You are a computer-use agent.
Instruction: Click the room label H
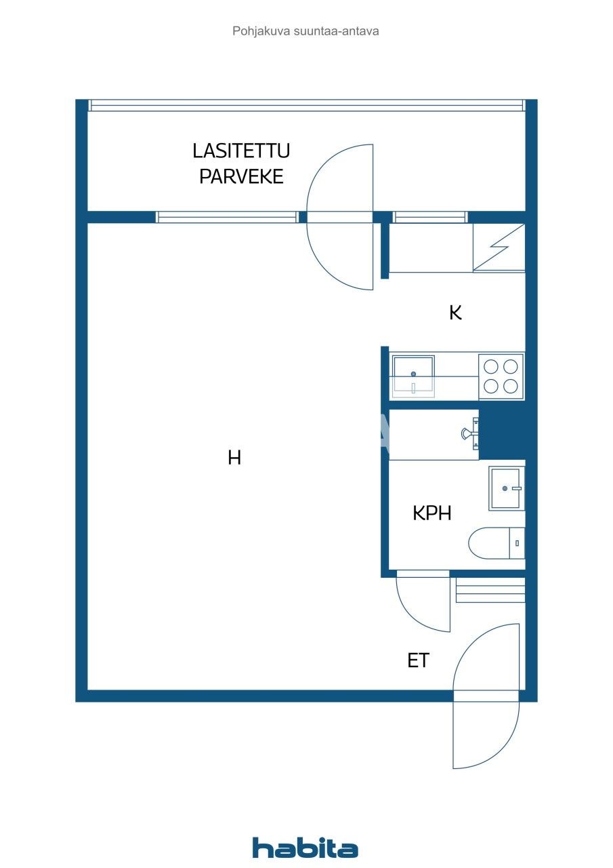[234, 458]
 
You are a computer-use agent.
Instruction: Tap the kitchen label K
[455, 313]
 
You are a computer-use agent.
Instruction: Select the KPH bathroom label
[432, 513]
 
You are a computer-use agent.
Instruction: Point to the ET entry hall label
[418, 660]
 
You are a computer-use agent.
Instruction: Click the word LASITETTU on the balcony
[241, 151]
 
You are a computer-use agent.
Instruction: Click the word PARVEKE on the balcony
[241, 177]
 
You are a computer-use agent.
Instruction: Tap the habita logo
[305, 848]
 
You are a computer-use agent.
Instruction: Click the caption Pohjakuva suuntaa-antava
[305, 31]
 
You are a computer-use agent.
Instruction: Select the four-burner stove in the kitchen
[501, 376]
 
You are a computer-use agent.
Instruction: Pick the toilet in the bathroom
[496, 544]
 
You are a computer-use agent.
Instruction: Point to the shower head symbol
[468, 434]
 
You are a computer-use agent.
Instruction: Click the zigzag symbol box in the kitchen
[499, 248]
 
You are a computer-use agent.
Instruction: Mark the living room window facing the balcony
[227, 217]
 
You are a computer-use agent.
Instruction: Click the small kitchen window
[430, 217]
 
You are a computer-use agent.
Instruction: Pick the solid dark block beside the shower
[502, 434]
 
